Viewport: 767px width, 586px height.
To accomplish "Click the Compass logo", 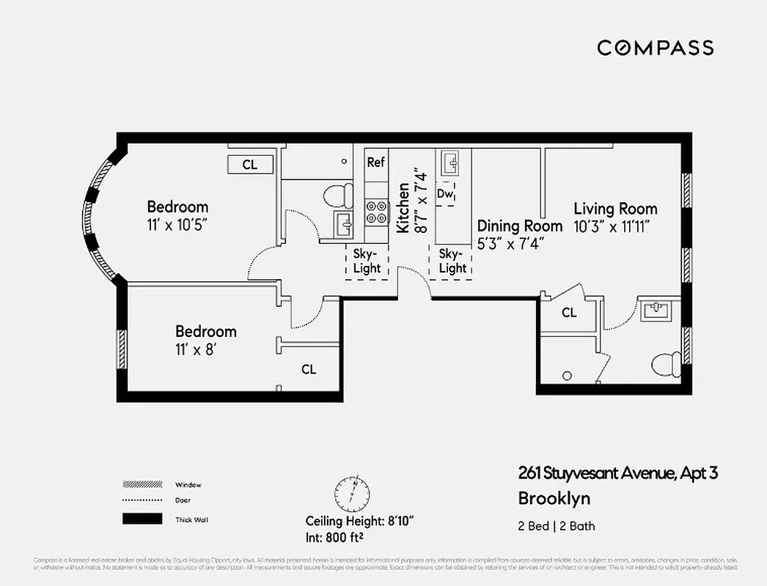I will pos(655,48).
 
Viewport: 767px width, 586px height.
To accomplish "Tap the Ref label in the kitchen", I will pos(375,162).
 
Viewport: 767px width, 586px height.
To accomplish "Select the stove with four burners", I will pos(375,212).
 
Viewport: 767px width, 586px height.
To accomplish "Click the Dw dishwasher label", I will pos(444,193).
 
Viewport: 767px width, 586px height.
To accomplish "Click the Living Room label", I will pos(615,209).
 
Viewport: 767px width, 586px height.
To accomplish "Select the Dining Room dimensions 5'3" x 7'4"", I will pos(510,244).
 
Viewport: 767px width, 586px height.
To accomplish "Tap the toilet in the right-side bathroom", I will pos(665,364).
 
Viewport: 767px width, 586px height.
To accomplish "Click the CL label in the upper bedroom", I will pos(250,165).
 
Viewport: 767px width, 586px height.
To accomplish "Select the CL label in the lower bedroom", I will pos(309,369).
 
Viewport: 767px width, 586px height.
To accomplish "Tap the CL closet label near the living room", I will pos(569,313).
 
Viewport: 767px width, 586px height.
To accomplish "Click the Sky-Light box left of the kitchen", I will pos(367,261).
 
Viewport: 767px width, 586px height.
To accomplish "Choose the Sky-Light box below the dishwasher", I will pos(452,261).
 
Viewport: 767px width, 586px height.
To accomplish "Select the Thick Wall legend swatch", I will pos(142,519).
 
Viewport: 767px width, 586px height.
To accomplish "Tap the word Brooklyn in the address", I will pos(554,499).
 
